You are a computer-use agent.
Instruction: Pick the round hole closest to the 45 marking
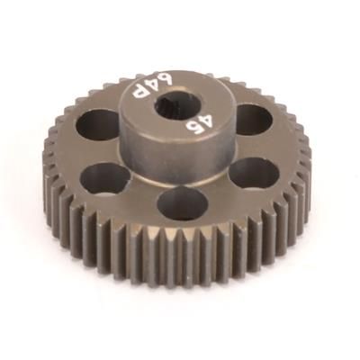(253, 119)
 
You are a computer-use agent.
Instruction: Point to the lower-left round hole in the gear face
(106, 179)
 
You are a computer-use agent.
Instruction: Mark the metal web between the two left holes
(90, 153)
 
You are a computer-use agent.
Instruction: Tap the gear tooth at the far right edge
(307, 162)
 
